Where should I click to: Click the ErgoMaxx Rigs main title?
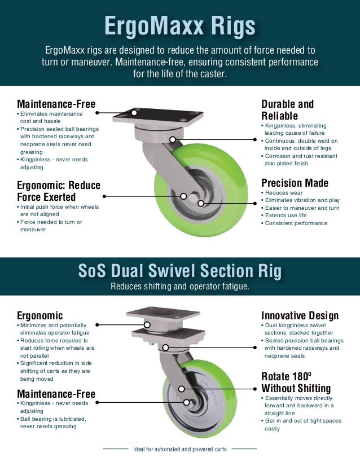tap(180, 25)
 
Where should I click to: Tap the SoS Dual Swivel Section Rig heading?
tap(180, 271)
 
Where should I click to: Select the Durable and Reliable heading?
tap(287, 109)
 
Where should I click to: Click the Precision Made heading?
tap(295, 183)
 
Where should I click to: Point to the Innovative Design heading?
tap(300, 315)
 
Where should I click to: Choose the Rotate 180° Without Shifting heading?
tap(296, 382)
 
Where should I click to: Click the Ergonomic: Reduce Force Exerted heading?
tap(59, 191)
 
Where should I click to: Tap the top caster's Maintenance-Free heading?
tap(56, 104)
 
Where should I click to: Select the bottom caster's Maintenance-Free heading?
tap(56, 393)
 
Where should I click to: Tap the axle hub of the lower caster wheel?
tap(191, 402)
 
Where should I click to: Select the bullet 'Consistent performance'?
tap(296, 223)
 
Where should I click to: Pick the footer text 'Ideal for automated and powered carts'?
tap(180, 449)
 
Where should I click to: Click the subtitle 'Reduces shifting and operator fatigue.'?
tap(180, 287)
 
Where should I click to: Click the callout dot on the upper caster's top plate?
tap(134, 112)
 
